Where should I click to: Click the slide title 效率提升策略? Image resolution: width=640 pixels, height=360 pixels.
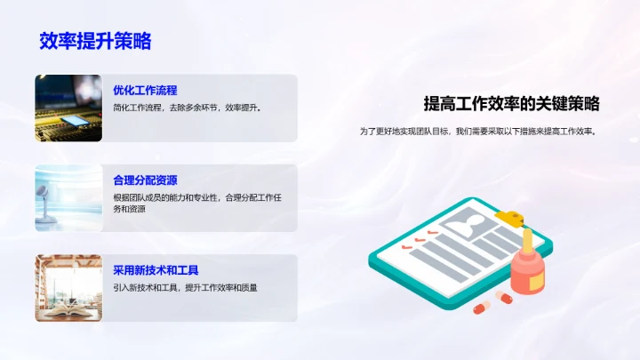point(95,41)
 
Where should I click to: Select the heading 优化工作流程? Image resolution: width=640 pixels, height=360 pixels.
point(145,90)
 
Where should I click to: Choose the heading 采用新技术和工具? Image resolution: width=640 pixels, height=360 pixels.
point(156,270)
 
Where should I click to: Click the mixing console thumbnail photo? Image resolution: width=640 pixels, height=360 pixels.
point(68,108)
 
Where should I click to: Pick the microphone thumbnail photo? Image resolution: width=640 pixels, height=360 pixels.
point(68,197)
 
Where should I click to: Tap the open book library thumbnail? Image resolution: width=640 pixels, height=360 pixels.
point(68,288)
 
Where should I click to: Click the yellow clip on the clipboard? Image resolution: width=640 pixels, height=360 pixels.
point(511,216)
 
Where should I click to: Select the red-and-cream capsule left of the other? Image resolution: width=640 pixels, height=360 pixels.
point(481,307)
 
